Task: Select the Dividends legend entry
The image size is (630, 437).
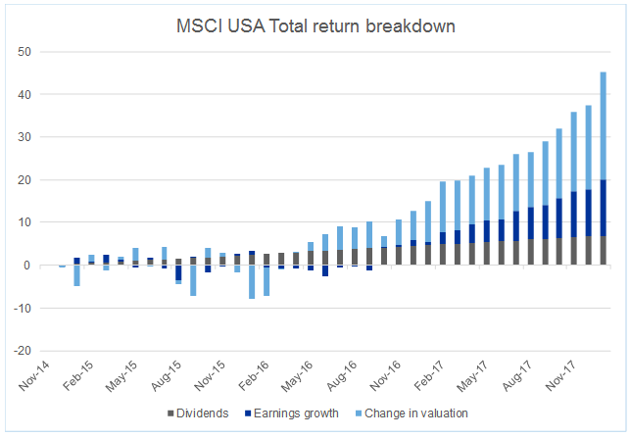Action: click(202, 413)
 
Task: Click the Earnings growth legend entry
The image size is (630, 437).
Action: click(294, 413)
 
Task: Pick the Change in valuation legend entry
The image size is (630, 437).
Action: click(415, 413)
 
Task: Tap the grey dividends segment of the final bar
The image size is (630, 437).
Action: click(603, 251)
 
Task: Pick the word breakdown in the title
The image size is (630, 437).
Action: click(417, 25)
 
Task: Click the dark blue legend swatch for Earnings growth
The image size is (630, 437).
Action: click(248, 413)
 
